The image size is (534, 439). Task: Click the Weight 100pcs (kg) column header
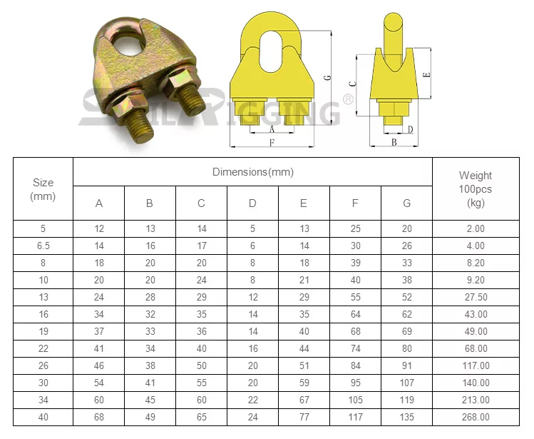(x=476, y=188)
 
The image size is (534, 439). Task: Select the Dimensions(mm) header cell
(x=252, y=172)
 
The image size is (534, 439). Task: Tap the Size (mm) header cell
(x=43, y=189)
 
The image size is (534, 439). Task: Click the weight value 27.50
(x=476, y=297)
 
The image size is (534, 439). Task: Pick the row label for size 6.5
(x=43, y=246)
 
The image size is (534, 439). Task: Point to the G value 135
(x=406, y=417)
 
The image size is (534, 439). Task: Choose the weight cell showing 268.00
(x=476, y=417)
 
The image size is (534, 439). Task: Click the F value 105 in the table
(x=355, y=400)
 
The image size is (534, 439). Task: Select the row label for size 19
(x=43, y=331)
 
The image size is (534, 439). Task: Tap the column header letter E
(x=304, y=203)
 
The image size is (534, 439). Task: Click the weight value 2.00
(x=476, y=228)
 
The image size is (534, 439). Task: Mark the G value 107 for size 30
(x=406, y=383)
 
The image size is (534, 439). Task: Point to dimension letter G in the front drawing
(x=327, y=79)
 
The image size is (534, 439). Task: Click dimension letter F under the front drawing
(x=272, y=143)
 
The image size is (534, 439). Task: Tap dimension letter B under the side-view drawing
(x=394, y=143)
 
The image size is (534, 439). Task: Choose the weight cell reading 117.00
(x=476, y=365)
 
